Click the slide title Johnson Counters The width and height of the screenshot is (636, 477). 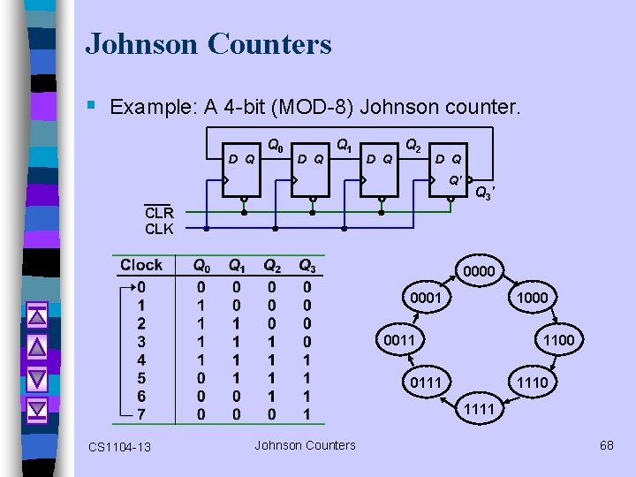208,43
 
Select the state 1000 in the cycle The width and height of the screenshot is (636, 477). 532,299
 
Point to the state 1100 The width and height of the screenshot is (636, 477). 558,340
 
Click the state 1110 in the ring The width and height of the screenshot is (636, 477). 532,382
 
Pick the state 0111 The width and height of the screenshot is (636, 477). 426,382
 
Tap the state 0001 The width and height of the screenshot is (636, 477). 426,299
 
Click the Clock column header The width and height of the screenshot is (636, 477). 141,265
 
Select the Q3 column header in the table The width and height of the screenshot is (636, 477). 307,266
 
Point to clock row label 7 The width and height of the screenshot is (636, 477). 141,414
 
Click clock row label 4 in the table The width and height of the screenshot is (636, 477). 141,360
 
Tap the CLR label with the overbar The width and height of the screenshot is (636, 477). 159,213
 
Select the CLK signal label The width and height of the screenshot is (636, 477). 159,230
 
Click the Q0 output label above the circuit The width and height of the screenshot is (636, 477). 276,144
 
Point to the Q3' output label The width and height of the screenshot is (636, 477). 485,193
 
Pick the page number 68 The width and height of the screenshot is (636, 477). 606,445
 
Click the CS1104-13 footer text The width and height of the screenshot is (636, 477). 119,447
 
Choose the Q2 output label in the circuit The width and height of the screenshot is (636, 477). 413,144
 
